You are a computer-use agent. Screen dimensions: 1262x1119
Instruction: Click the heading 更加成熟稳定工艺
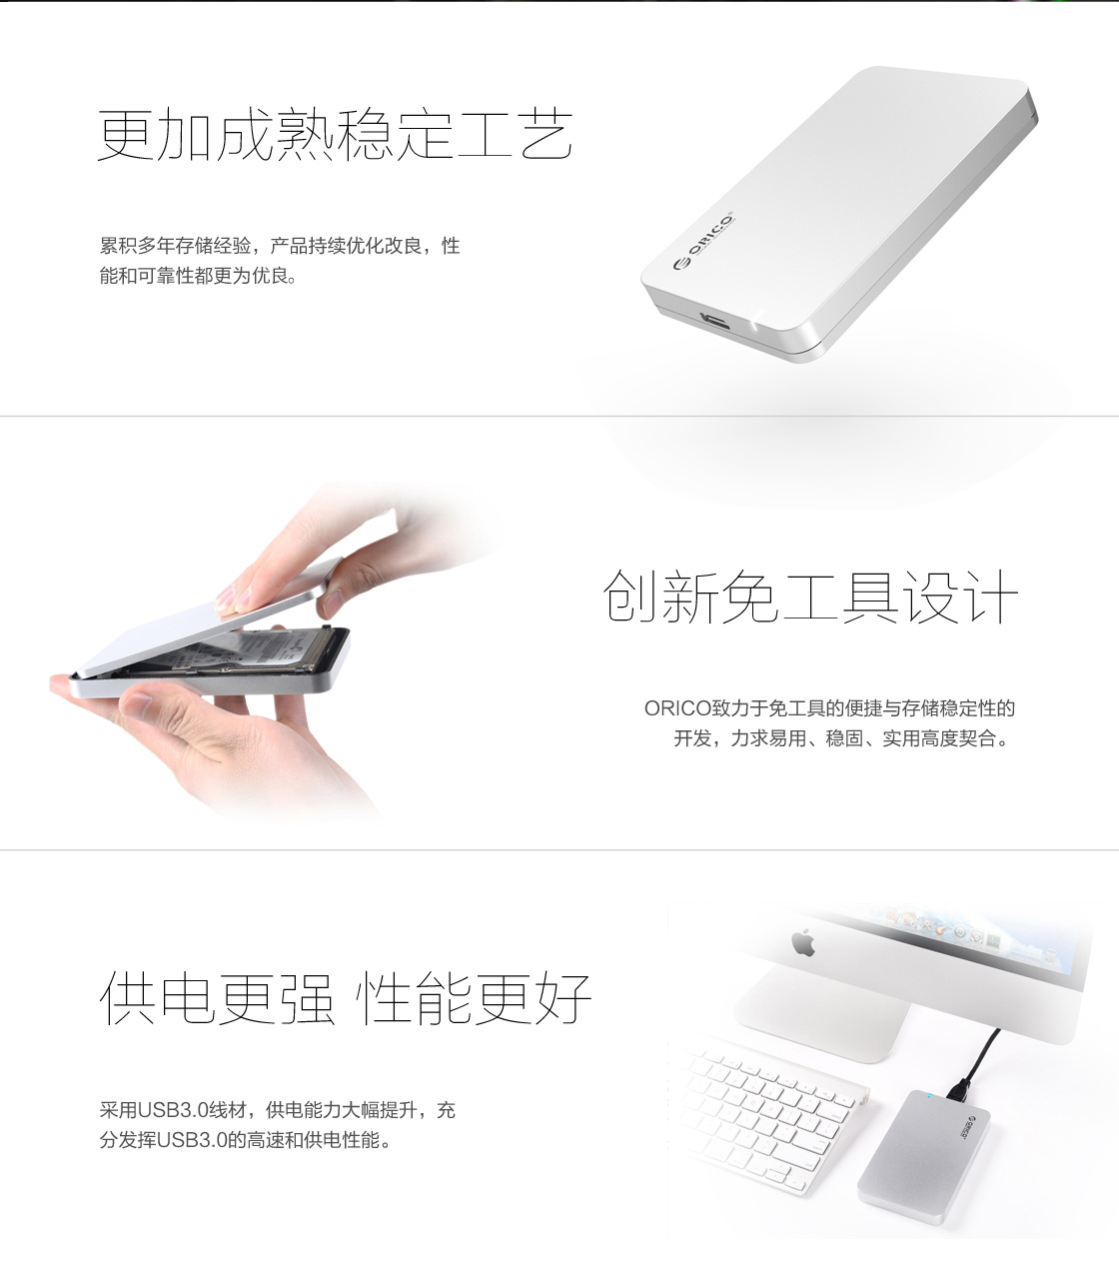(336, 136)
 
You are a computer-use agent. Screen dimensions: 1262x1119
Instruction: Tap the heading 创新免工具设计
(810, 597)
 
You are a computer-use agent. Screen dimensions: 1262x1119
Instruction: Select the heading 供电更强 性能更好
(347, 998)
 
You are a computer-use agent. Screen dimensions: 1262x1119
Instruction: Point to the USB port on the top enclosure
(715, 320)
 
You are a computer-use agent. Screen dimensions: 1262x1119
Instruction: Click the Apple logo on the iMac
(802, 941)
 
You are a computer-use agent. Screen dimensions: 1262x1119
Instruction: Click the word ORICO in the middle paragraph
(677, 709)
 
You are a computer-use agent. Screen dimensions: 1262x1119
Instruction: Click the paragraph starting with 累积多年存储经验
(279, 246)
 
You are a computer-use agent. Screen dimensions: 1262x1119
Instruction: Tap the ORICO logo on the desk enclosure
(963, 1123)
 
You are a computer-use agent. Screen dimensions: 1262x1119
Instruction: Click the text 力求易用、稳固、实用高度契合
(864, 739)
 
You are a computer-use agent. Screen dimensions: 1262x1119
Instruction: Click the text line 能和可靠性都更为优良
(198, 276)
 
